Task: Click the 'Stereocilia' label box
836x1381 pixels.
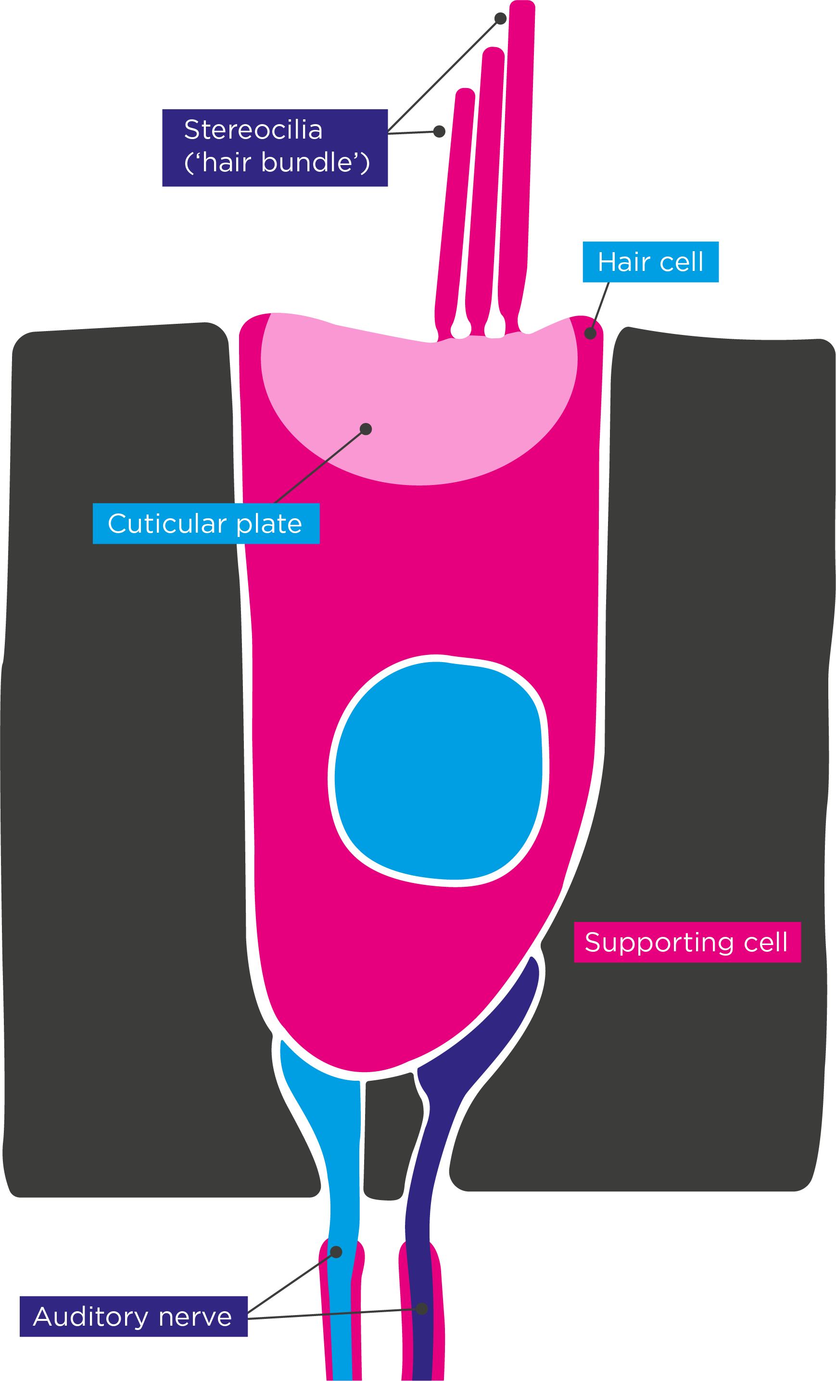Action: [275, 147]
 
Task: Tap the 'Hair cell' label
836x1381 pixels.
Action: [650, 262]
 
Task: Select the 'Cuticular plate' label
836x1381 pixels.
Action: [206, 524]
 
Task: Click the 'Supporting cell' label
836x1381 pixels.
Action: [687, 942]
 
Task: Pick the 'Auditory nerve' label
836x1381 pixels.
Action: [133, 1317]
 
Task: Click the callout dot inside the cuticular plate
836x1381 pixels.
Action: [366, 429]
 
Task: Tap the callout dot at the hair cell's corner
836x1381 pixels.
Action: [590, 333]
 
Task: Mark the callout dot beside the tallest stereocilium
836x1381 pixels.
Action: [500, 18]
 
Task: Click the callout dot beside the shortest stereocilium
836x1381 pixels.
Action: [439, 131]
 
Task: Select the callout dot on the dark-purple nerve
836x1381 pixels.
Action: [422, 1309]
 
